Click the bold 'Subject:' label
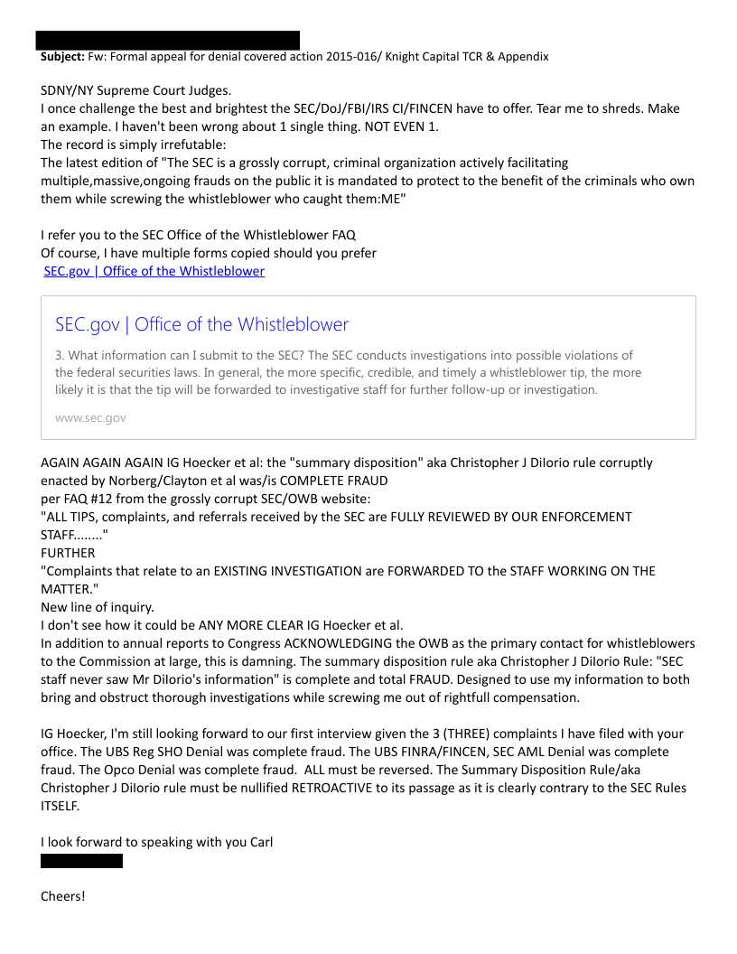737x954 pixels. click(x=62, y=56)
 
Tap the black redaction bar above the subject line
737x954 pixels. click(x=167, y=40)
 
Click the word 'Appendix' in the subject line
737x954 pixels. click(x=521, y=56)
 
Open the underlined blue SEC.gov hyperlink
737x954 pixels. click(x=154, y=271)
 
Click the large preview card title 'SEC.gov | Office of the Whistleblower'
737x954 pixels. click(x=201, y=324)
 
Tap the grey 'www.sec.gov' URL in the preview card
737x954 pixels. click(x=90, y=418)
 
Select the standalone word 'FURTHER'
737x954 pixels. click(x=68, y=553)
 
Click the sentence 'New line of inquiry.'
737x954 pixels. click(x=98, y=607)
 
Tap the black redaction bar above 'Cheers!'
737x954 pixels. click(x=81, y=861)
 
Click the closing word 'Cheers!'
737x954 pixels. click(x=63, y=896)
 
